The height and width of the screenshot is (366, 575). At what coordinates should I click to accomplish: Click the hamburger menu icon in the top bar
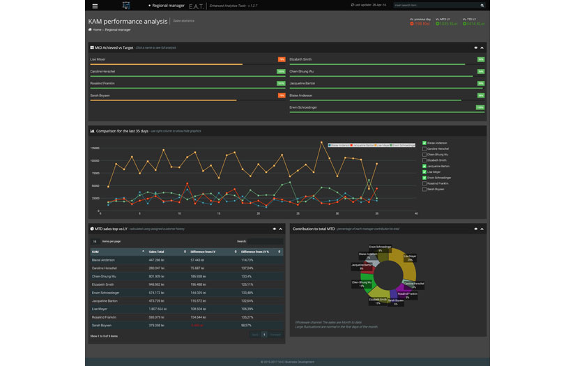pyautogui.click(x=95, y=5)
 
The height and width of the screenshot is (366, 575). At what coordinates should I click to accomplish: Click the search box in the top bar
pyautogui.click(x=438, y=5)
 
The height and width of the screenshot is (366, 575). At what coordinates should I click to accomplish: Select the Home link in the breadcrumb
pyautogui.click(x=95, y=30)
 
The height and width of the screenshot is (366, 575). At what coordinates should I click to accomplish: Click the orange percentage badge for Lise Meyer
pyautogui.click(x=282, y=59)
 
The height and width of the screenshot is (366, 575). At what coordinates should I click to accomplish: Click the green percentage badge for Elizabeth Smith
pyautogui.click(x=480, y=59)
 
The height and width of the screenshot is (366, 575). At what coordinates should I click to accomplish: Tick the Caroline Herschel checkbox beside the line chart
pyautogui.click(x=424, y=148)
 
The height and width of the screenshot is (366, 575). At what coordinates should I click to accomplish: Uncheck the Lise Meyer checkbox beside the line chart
pyautogui.click(x=424, y=171)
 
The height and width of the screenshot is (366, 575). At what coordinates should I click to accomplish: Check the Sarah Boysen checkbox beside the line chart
pyautogui.click(x=424, y=189)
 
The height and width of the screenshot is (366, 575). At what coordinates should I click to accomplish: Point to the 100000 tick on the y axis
pyautogui.click(x=94, y=160)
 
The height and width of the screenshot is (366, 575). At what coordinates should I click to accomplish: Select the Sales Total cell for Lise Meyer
pyautogui.click(x=158, y=308)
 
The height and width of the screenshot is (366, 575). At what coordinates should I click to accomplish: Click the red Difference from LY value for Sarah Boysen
pyautogui.click(x=197, y=325)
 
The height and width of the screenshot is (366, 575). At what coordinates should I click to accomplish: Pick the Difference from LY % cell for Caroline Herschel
pyautogui.click(x=247, y=268)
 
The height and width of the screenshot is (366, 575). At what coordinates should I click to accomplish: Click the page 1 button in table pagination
pyautogui.click(x=264, y=335)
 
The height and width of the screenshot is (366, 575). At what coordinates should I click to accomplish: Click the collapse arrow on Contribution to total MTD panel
pyautogui.click(x=482, y=229)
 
